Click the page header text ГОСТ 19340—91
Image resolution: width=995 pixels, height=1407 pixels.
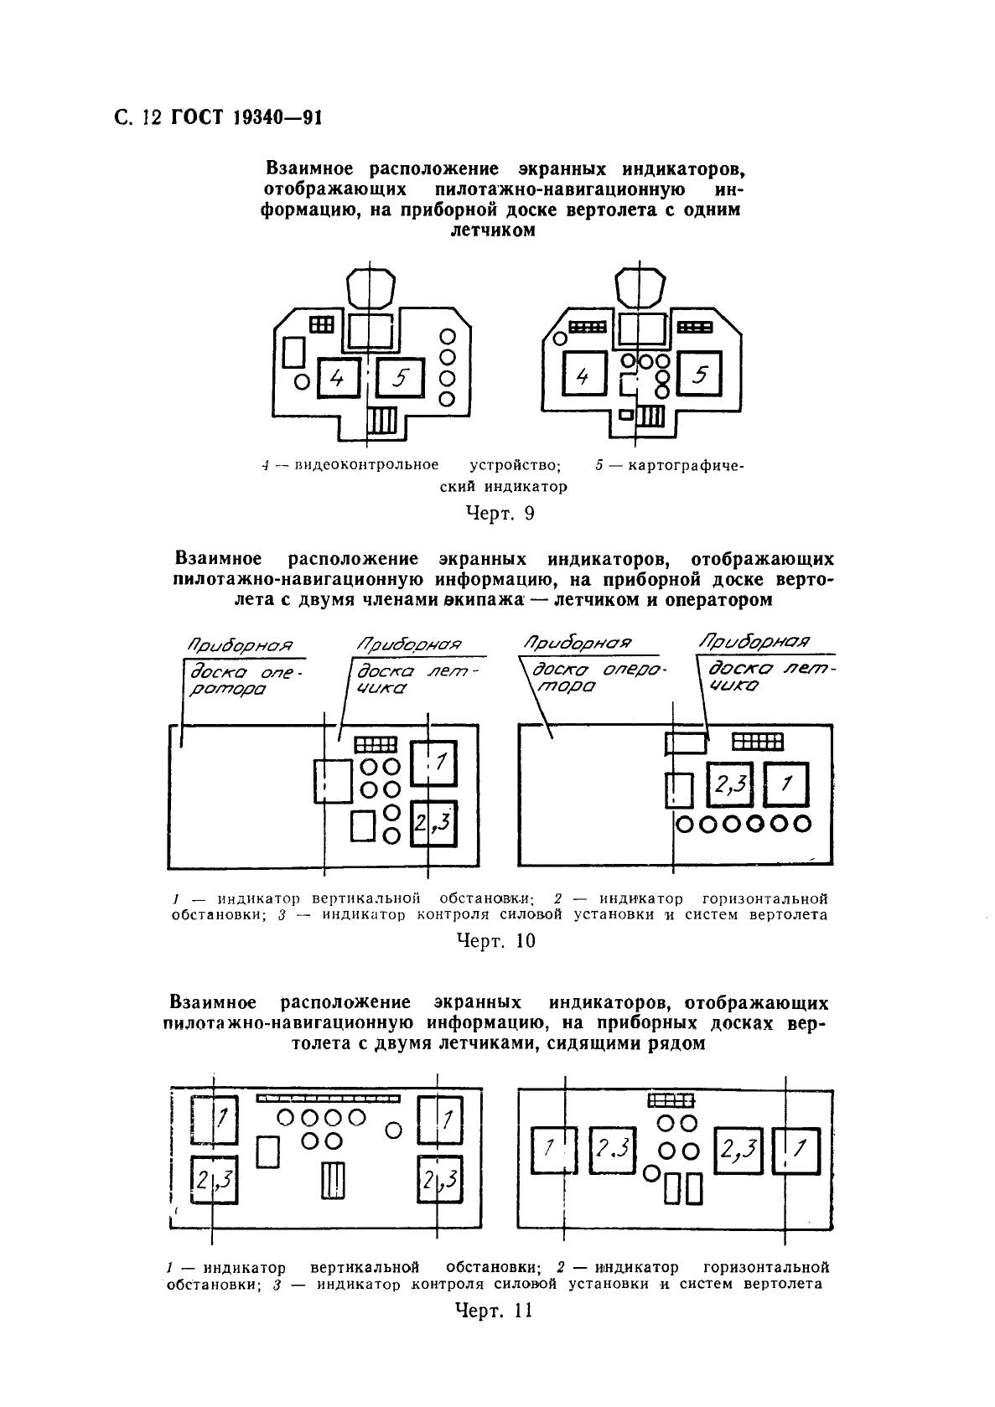[x=247, y=118]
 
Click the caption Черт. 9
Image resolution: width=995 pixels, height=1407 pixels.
[x=500, y=513]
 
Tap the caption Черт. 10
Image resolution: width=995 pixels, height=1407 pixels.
[x=495, y=940]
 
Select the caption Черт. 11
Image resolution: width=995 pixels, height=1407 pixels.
[x=493, y=1311]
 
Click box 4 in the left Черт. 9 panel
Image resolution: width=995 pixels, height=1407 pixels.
[x=337, y=378]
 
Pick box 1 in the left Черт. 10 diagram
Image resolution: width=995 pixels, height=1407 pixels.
[x=433, y=762]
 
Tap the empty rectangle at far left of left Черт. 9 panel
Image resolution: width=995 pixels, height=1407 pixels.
[x=293, y=352]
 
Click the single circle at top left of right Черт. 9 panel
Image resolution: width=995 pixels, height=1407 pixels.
[x=557, y=338]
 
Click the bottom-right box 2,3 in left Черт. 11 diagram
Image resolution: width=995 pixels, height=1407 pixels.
[x=438, y=1181]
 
